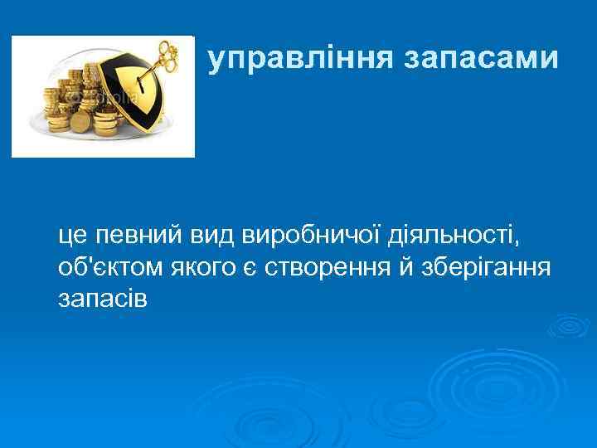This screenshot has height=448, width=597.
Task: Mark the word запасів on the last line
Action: (x=103, y=298)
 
